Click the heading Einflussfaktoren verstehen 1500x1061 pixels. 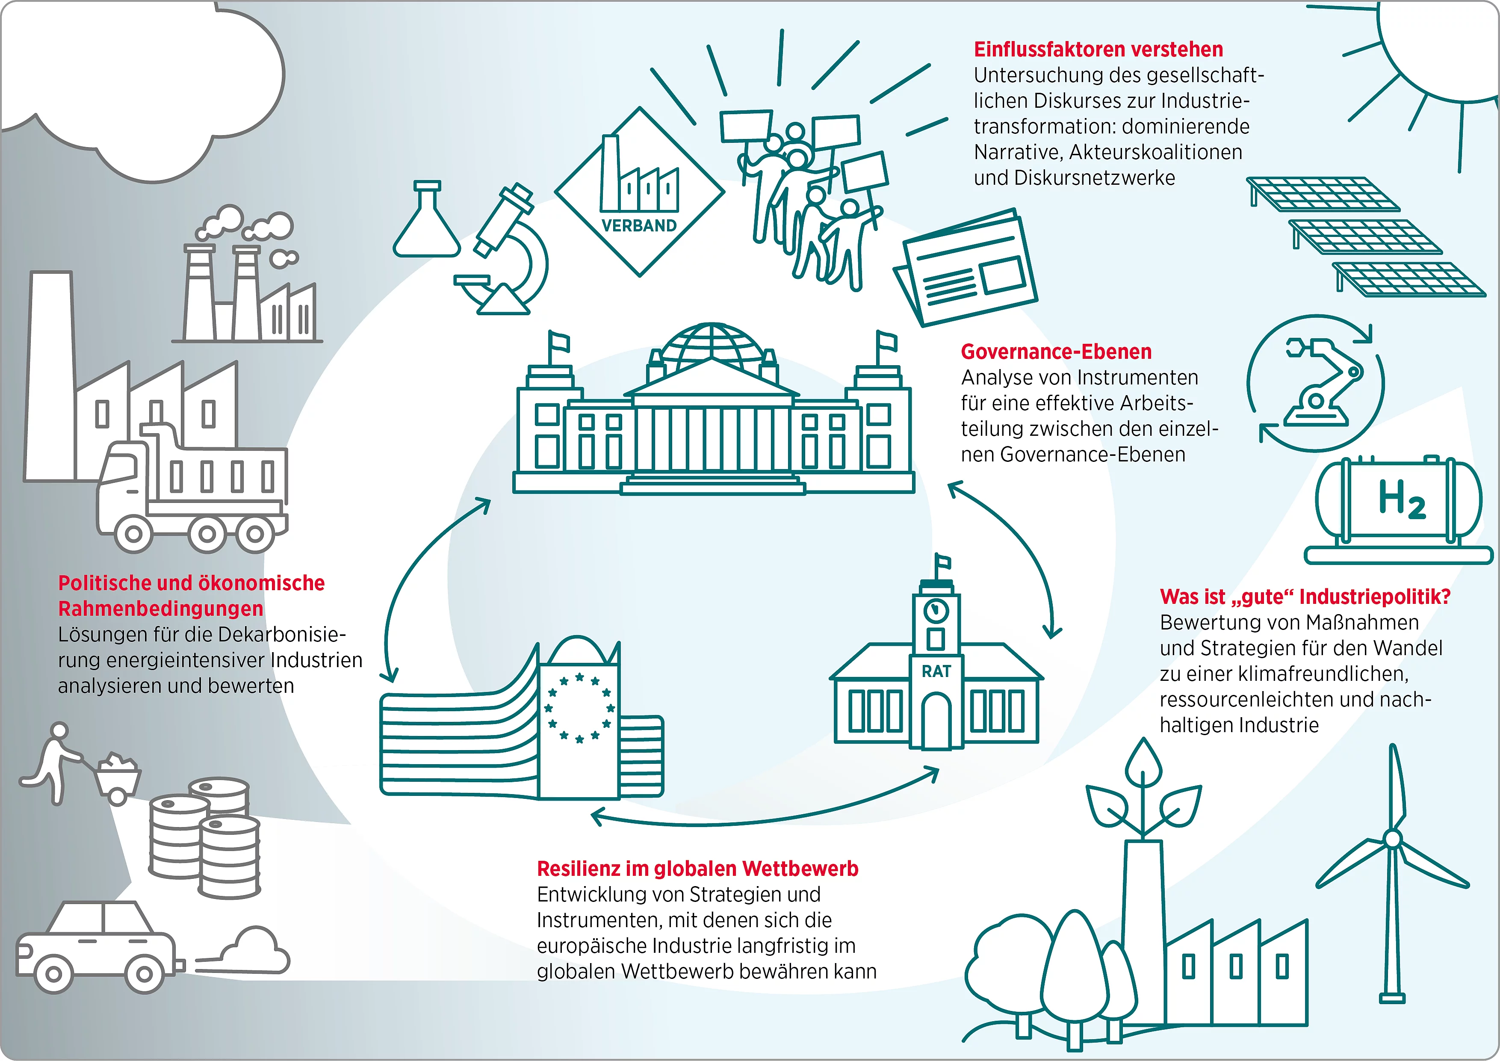pos(1098,50)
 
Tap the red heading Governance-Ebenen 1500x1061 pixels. pos(1056,352)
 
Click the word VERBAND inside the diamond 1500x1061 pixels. pos(639,225)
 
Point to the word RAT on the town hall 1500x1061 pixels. pos(936,671)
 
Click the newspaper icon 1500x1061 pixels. pos(965,268)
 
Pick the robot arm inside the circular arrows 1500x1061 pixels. pos(1320,382)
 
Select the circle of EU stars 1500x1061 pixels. pos(579,708)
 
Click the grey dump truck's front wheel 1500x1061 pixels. pos(134,534)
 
